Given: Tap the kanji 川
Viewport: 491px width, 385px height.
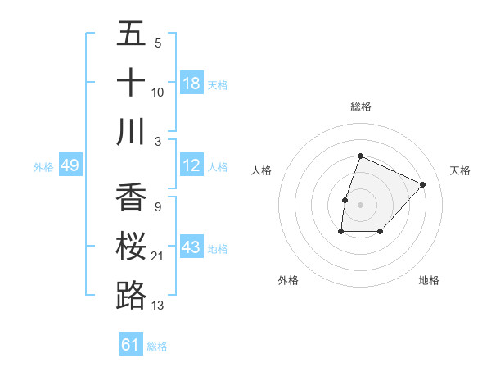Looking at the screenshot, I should pos(131,132).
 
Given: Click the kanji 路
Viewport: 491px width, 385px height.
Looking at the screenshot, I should pos(131,296).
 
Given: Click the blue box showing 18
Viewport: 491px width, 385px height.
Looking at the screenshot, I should pos(191,84).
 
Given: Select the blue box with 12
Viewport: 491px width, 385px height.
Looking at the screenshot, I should pos(191,165).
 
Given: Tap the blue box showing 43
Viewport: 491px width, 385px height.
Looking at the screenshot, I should pos(191,247).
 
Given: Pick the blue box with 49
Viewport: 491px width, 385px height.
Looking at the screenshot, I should pos(70,165).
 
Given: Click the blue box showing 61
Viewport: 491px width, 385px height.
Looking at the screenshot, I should pos(131,345).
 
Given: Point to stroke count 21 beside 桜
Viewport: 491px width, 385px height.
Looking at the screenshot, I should pos(158,256).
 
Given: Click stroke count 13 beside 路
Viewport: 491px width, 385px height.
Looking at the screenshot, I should pos(158,306).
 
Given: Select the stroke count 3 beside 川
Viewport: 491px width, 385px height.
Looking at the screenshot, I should pos(158,141).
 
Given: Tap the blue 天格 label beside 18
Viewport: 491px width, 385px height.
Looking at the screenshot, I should pos(218,84).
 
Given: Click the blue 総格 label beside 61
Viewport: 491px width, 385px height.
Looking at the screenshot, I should pos(157,346).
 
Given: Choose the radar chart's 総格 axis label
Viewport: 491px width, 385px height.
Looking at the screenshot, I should pos(360,106).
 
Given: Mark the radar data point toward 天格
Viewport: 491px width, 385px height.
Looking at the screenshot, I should pos(422,184).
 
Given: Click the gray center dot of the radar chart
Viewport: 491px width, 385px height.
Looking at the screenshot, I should pos(360,204).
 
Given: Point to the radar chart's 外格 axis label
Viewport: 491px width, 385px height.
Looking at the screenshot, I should pos(288,280).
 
